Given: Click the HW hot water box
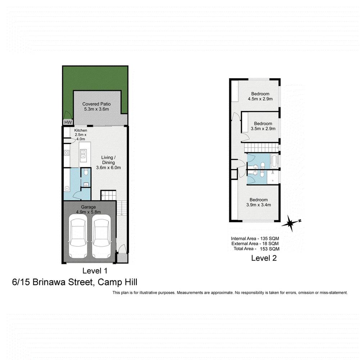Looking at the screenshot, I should click(67, 122).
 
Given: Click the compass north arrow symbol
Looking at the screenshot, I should click(290, 223).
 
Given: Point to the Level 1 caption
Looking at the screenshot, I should click(95, 270).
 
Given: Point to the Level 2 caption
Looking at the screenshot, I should click(264, 258).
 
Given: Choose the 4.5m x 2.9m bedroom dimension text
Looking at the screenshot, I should click(260, 99).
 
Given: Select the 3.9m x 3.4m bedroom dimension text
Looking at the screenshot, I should click(258, 205).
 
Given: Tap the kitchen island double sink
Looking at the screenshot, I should click(83, 154).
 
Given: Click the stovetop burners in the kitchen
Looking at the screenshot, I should click(67, 153).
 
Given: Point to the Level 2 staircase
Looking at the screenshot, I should click(261, 147).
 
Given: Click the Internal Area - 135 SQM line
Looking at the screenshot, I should click(255, 238).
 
